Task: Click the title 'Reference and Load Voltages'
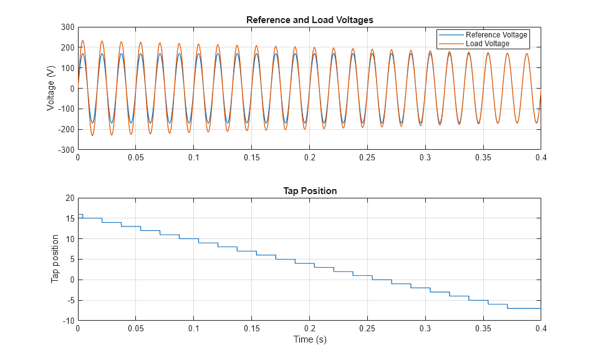pyautogui.click(x=309, y=20)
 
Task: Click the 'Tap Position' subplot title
pyautogui.click(x=309, y=191)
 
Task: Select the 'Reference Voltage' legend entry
pyautogui.click(x=496, y=35)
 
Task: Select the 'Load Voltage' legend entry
pyautogui.click(x=487, y=44)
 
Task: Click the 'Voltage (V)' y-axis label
pyautogui.click(x=51, y=89)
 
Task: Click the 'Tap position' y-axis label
pyautogui.click(x=55, y=259)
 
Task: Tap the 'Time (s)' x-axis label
pyautogui.click(x=309, y=340)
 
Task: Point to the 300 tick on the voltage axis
pyautogui.click(x=67, y=27)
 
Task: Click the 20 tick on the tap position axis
pyautogui.click(x=70, y=198)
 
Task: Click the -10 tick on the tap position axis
pyautogui.click(x=68, y=321)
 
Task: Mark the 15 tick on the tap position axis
pyautogui.click(x=70, y=218)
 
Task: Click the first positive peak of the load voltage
pyautogui.click(x=82, y=41)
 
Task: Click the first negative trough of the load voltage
pyautogui.click(x=92, y=135)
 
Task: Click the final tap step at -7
pyautogui.click(x=524, y=308)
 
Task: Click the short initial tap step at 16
pyautogui.click(x=80, y=215)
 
